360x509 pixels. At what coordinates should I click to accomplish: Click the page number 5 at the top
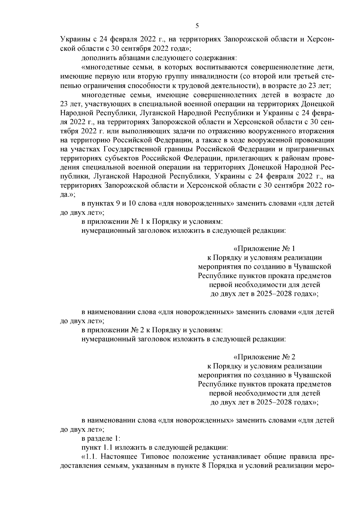pyautogui.click(x=197, y=26)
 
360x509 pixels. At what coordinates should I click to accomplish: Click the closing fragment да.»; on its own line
pyautogui.click(x=68, y=194)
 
